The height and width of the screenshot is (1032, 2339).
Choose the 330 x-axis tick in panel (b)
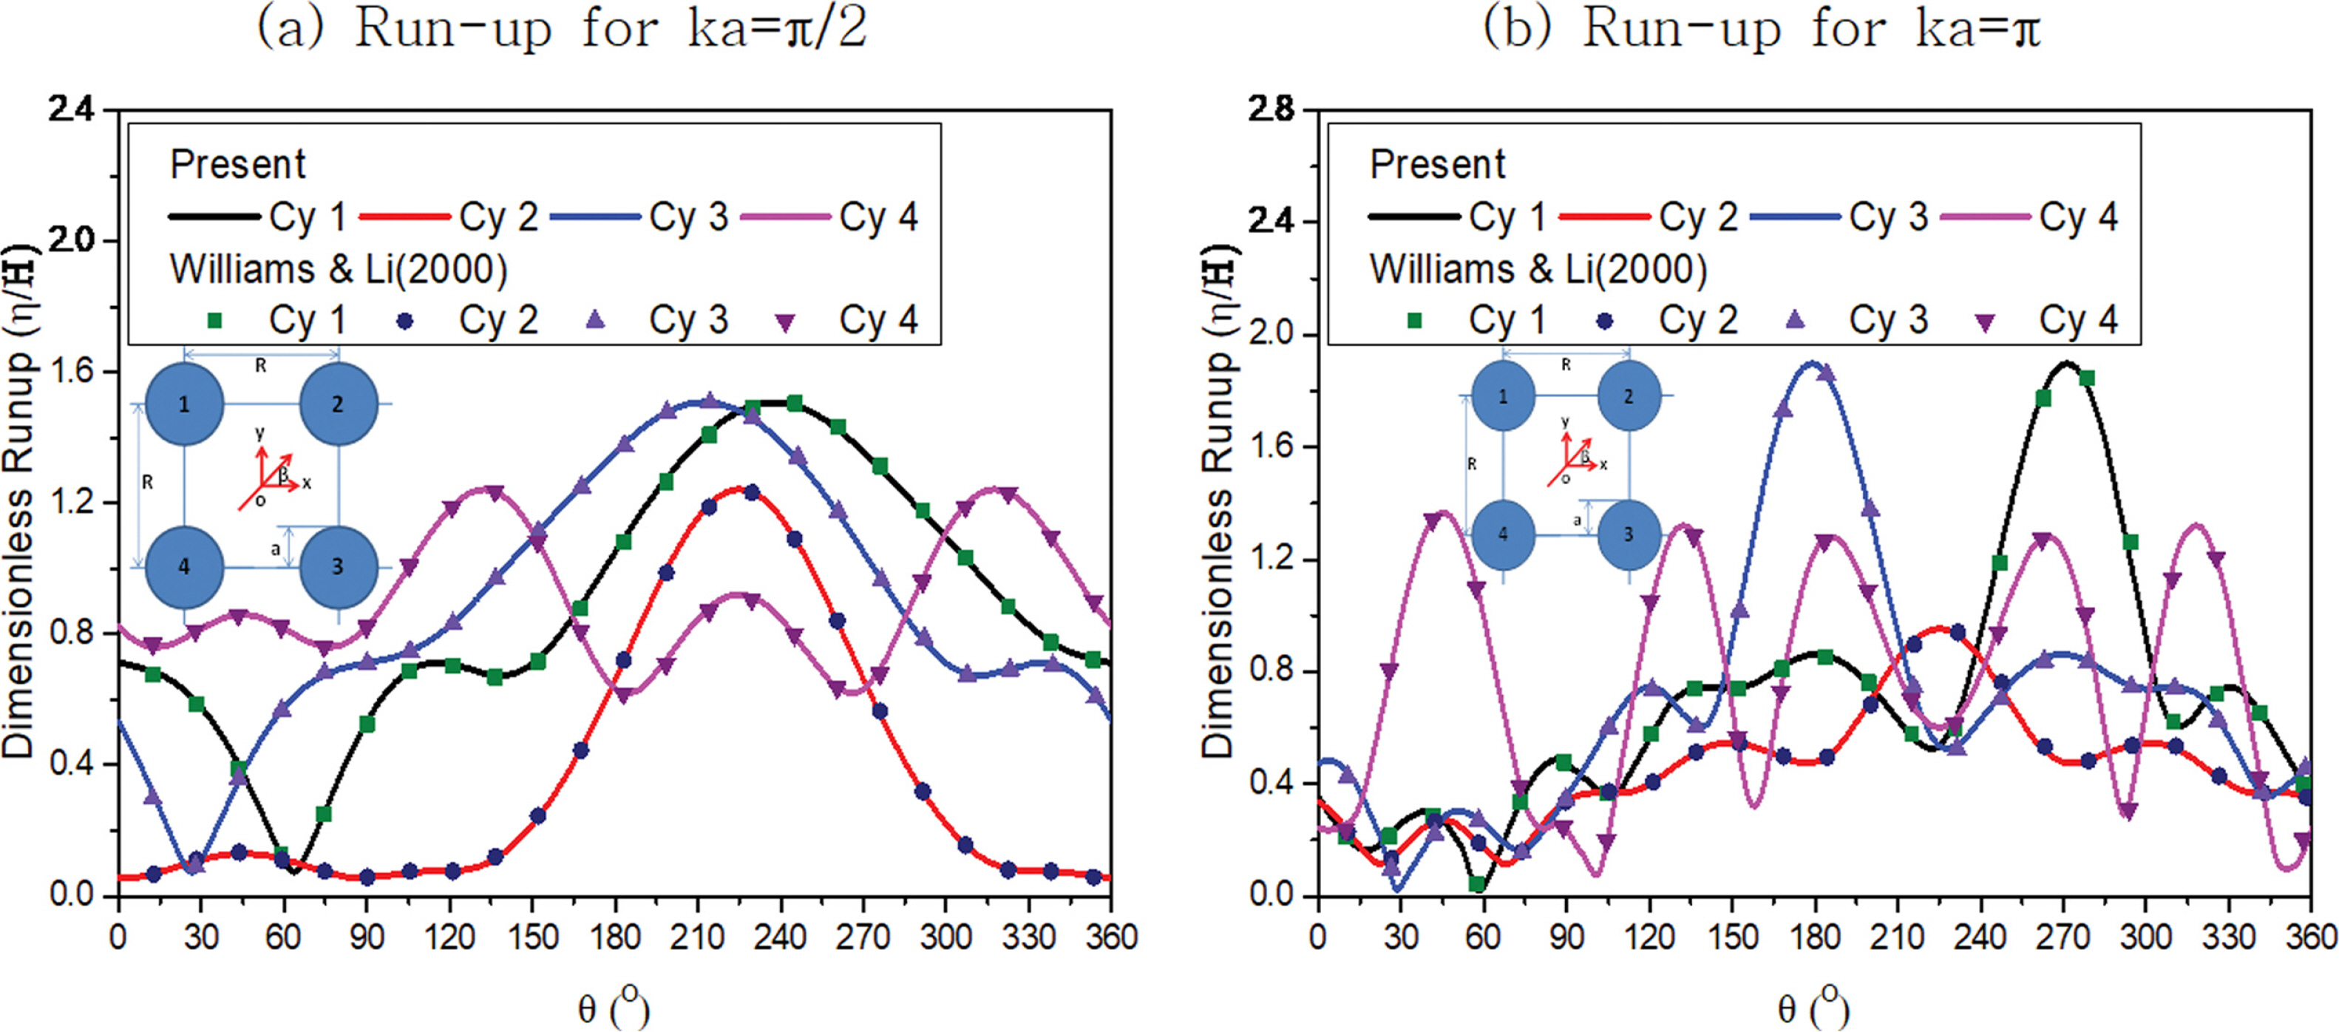(x=2228, y=936)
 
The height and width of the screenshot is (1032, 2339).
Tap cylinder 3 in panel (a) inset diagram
(x=338, y=567)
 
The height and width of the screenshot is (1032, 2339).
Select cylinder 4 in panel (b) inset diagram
(x=1503, y=534)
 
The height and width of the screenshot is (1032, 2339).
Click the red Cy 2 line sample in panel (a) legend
(x=405, y=217)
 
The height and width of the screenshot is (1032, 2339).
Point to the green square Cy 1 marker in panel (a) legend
(x=215, y=320)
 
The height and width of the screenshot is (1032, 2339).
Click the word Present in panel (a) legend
(x=238, y=165)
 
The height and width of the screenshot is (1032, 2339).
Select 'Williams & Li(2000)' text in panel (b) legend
(x=1538, y=270)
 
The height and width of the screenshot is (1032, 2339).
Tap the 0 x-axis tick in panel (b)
(x=1317, y=936)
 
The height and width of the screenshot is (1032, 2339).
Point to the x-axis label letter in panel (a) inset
(x=307, y=483)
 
